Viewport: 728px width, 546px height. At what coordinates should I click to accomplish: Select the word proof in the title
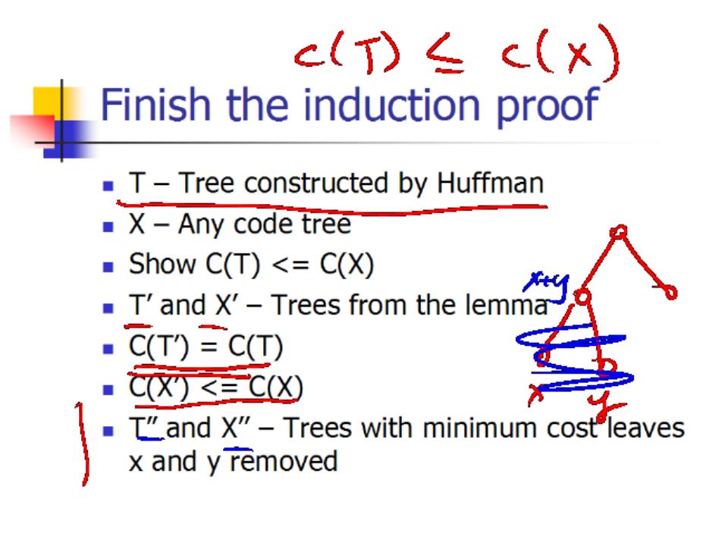pos(548,108)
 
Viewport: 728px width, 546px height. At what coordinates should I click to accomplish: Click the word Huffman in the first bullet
pos(490,183)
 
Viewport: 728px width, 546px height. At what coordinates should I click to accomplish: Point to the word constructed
pos(316,183)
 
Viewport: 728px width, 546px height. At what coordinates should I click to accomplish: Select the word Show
pos(162,264)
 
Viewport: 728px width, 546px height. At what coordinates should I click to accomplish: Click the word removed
pos(284,462)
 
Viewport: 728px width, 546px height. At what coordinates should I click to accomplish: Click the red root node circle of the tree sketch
pos(619,232)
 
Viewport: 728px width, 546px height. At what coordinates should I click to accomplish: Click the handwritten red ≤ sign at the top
pos(445,54)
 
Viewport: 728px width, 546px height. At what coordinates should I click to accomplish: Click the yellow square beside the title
pos(49,105)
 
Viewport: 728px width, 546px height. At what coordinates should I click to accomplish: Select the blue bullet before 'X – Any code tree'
pos(108,227)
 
